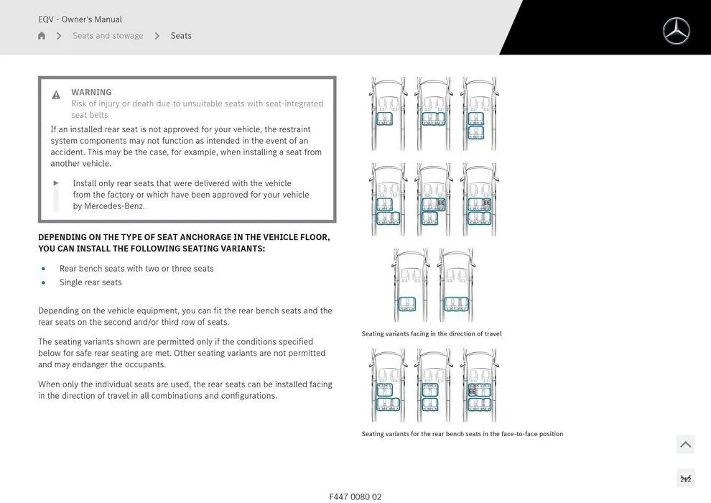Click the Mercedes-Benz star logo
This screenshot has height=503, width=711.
point(676,31)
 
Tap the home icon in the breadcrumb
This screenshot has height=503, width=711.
point(42,36)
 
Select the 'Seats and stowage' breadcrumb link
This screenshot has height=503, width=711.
point(108,36)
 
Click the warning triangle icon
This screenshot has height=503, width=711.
point(56,95)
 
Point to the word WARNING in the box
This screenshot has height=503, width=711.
point(91,92)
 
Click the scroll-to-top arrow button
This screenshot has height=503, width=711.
point(685,445)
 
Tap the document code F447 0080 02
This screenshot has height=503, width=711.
point(355,497)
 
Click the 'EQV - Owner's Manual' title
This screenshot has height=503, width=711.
point(80,19)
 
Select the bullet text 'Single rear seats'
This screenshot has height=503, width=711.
point(90,282)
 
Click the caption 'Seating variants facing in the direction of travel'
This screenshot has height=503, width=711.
point(432,333)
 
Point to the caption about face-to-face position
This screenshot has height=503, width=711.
point(463,434)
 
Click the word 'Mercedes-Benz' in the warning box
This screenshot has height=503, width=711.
point(114,206)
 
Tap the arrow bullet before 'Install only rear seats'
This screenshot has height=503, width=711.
point(56,183)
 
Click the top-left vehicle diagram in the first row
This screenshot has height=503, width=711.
point(388,114)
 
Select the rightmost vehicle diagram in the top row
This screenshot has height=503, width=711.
point(479,114)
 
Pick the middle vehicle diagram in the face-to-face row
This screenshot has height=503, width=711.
point(433,386)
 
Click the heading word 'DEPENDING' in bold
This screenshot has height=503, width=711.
point(62,237)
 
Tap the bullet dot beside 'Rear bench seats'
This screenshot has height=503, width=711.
point(43,269)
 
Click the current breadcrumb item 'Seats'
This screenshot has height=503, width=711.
point(181,36)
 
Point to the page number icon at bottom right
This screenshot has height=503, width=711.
point(685,479)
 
